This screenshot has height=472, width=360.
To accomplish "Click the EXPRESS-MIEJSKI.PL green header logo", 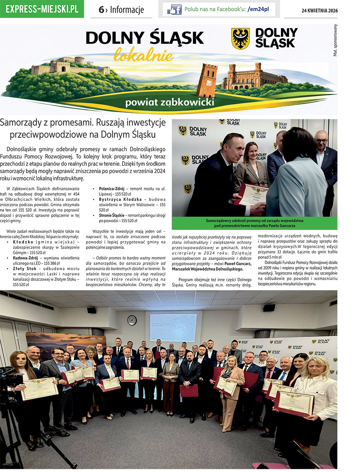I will pyautogui.click(x=42, y=9).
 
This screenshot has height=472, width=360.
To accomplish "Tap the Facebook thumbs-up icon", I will pyautogui.click(x=174, y=9).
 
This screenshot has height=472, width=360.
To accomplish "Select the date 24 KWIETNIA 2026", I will pyautogui.click(x=319, y=11).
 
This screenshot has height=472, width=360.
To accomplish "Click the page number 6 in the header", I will pyautogui.click(x=102, y=10).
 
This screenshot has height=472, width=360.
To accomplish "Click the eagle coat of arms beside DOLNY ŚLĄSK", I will pyautogui.click(x=240, y=38).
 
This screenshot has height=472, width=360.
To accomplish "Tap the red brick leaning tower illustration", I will pyautogui.click(x=207, y=80).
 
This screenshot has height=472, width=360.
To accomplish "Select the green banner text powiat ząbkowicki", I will pyautogui.click(x=169, y=102).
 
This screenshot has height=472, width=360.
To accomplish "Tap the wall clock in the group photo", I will pyautogui.click(x=132, y=320).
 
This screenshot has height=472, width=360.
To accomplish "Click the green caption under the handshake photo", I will pyautogui.click(x=254, y=223).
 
